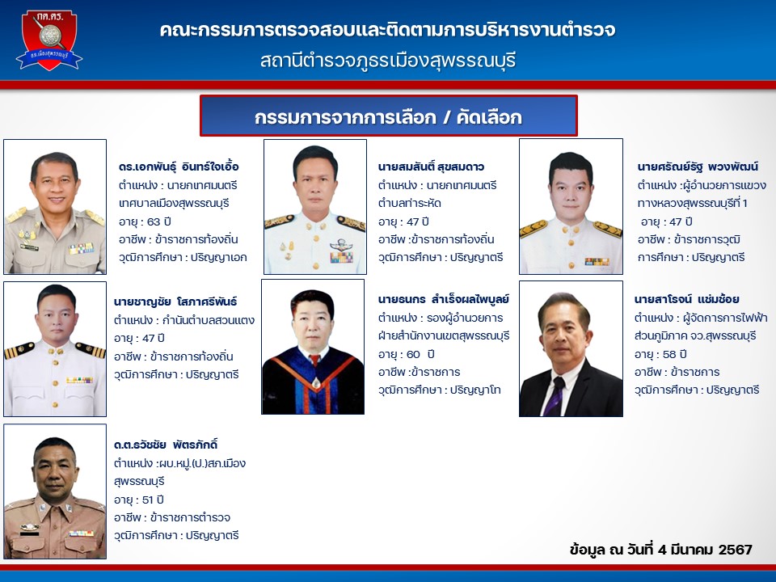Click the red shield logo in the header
tap(49, 40)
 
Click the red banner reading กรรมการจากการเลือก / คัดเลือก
tap(389, 116)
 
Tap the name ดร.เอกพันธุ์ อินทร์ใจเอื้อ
tap(179, 167)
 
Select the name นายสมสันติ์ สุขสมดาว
tap(431, 167)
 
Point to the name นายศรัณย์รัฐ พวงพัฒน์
tap(698, 167)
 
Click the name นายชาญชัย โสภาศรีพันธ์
tap(175, 302)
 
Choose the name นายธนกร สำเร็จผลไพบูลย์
tap(444, 299)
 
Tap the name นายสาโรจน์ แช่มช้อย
tap(687, 299)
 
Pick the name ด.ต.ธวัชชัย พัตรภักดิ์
tap(166, 445)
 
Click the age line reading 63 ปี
tap(145, 221)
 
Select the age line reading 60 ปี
tap(406, 354)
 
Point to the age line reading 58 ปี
tap(660, 354)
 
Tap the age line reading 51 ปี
tap(138, 500)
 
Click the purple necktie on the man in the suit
tap(555, 396)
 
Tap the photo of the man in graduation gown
tap(313, 347)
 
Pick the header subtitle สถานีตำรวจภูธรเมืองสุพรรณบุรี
tap(388, 61)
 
